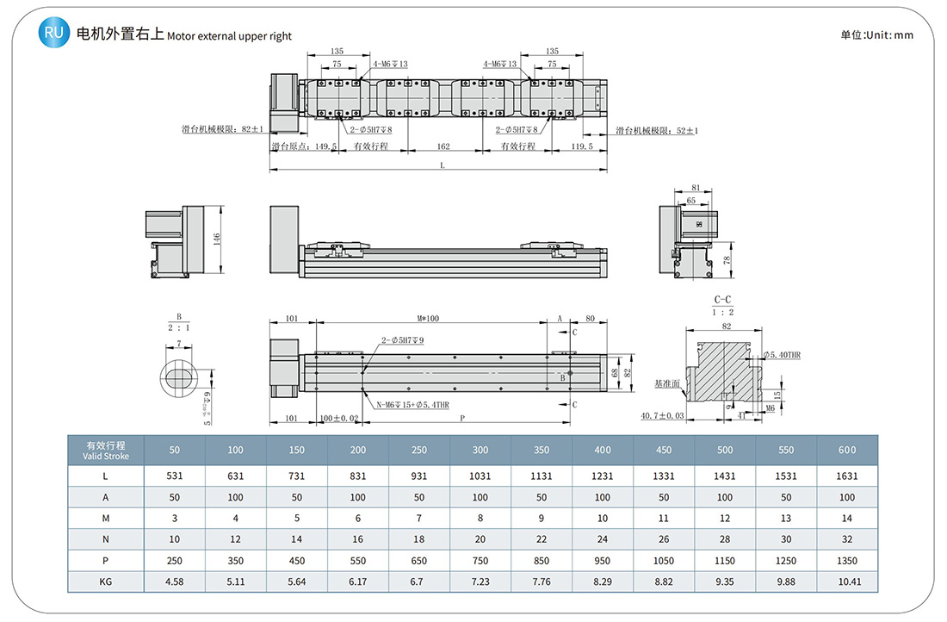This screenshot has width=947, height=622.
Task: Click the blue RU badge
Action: [x=53, y=34]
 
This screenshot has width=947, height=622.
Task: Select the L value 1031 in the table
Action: [x=480, y=476]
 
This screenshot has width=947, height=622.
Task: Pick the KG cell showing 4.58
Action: [x=175, y=582]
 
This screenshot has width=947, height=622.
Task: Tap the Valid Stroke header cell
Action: [x=105, y=450]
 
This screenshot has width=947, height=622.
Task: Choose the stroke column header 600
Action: [x=847, y=450]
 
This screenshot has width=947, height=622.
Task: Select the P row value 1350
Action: [x=847, y=560]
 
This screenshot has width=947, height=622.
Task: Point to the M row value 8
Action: [x=480, y=518]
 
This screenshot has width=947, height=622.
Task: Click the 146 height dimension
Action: [x=217, y=239]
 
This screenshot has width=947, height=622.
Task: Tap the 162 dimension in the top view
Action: [x=443, y=146]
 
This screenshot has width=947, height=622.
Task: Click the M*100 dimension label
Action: [x=428, y=319]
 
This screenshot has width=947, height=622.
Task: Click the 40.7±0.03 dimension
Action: [x=661, y=416]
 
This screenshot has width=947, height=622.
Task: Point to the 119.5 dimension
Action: [x=582, y=146]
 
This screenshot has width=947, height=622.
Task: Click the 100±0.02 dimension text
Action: [x=338, y=418]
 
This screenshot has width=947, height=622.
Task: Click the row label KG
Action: [x=105, y=582]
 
